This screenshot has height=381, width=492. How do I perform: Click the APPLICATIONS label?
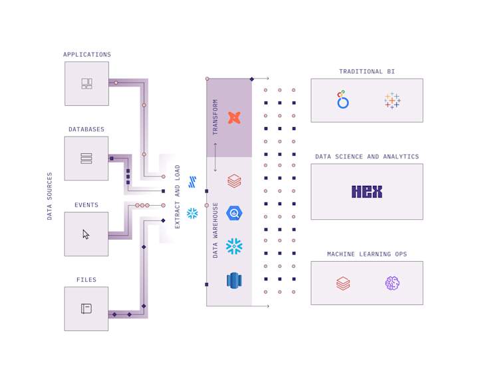pyautogui.click(x=87, y=55)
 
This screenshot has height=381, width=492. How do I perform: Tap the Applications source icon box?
pyautogui.click(x=86, y=84)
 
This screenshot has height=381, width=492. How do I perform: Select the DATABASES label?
pyautogui.click(x=86, y=129)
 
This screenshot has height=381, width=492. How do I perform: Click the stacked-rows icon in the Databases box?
pyautogui.click(x=86, y=159)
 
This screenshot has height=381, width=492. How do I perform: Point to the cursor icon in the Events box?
pyautogui.click(x=86, y=234)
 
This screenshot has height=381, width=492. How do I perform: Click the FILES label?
pyautogui.click(x=86, y=280)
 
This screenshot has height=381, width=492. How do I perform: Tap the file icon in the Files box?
pyautogui.click(x=86, y=308)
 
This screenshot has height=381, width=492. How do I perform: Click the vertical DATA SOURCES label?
pyautogui.click(x=49, y=196)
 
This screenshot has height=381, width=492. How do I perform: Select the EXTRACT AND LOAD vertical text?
pyautogui.click(x=178, y=196)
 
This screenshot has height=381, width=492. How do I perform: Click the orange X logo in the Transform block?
pyautogui.click(x=234, y=118)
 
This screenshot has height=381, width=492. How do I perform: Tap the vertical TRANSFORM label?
pyautogui.click(x=215, y=117)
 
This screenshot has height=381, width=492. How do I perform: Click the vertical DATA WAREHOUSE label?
pyautogui.click(x=215, y=230)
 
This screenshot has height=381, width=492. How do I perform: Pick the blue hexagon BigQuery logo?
pyautogui.click(x=234, y=213)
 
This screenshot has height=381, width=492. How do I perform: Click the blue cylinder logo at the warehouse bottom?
pyautogui.click(x=234, y=280)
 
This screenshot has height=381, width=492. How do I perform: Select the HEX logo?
pyautogui.click(x=367, y=192)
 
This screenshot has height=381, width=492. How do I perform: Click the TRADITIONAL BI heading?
pyautogui.click(x=367, y=71)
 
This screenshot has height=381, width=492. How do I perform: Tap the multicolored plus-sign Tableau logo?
pyautogui.click(x=392, y=101)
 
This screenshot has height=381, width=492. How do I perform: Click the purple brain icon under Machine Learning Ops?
pyautogui.click(x=392, y=283)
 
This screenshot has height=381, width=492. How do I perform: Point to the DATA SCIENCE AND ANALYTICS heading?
pyautogui.click(x=367, y=157)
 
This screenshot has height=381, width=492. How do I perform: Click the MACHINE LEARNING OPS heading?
pyautogui.click(x=367, y=254)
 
